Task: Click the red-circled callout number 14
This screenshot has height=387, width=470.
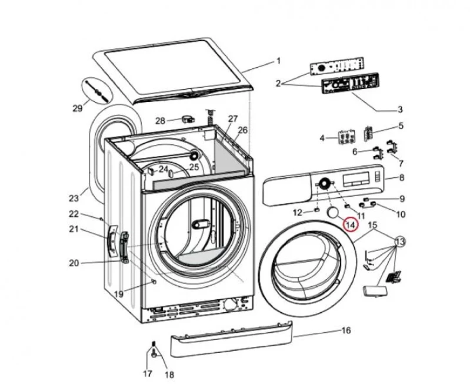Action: pos(351,224)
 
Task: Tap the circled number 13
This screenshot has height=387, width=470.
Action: pos(400,242)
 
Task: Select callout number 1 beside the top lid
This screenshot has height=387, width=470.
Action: pos(278,61)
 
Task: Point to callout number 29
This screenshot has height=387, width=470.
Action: pos(78,108)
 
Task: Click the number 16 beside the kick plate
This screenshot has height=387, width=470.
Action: pos(346,330)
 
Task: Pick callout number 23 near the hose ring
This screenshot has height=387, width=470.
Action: pos(74,198)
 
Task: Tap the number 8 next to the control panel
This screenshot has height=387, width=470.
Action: pos(402,177)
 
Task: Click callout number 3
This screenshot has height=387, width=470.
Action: pos(400,110)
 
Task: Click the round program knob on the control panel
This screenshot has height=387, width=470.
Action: pos(324,183)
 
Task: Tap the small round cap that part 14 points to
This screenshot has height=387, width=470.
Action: pos(332,212)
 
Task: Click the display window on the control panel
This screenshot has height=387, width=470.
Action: pos(356,179)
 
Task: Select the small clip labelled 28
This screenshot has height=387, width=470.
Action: pos(188,119)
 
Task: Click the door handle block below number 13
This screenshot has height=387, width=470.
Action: pos(375,291)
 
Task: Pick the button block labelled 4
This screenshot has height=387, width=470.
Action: pos(346,137)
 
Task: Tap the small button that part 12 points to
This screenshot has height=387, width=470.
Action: pos(316,209)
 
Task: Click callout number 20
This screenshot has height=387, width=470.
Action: pos(74,263)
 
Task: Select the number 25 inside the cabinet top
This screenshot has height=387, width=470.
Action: pos(194,167)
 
